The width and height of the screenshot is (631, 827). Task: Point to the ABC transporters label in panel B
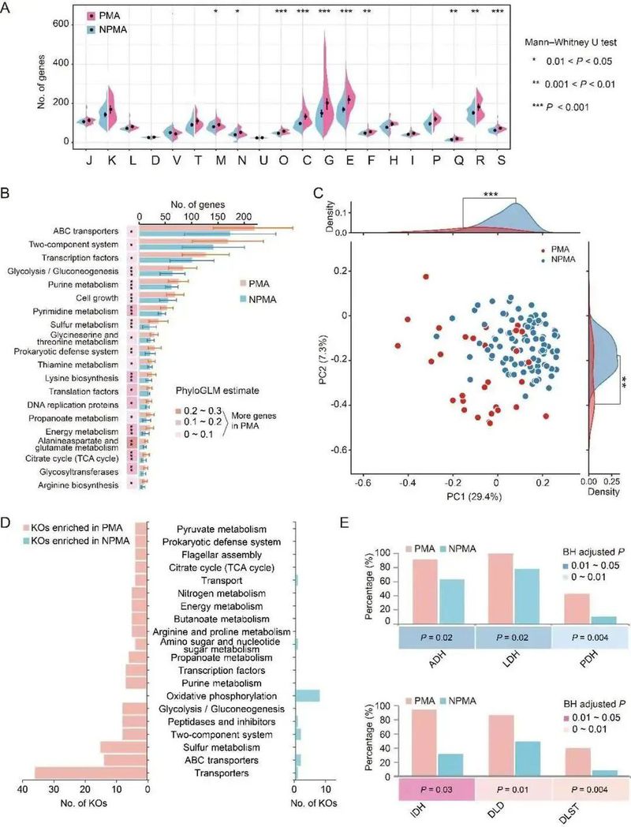point(86,230)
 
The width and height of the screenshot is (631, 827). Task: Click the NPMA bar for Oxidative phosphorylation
point(307,695)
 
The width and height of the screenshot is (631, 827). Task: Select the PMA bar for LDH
point(499,589)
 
